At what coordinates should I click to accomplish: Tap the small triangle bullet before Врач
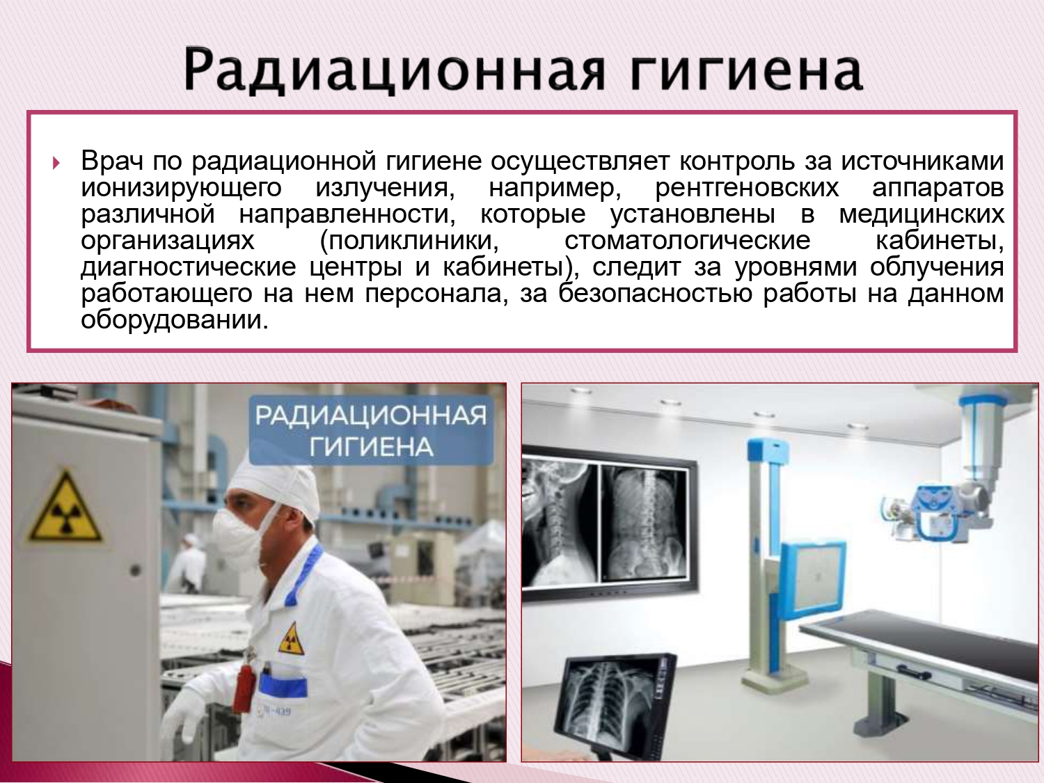(x=56, y=164)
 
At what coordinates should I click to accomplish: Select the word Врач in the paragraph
(x=112, y=161)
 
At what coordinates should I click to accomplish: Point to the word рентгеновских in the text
(x=747, y=188)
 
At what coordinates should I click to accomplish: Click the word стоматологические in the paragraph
(x=687, y=241)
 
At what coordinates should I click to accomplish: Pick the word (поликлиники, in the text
(x=409, y=242)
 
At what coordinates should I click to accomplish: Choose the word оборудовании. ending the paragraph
(x=175, y=320)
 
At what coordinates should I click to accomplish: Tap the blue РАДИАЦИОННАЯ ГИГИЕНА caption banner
(x=371, y=431)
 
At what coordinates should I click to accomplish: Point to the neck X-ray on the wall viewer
(x=560, y=523)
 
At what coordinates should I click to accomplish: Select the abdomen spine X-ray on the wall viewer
(x=644, y=523)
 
